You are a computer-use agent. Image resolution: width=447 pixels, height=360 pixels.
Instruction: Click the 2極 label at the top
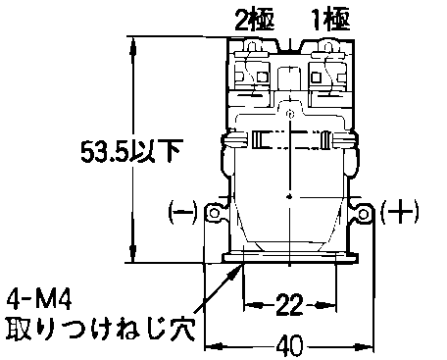click(x=255, y=20)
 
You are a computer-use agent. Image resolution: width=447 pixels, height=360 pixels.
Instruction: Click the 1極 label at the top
click(x=330, y=20)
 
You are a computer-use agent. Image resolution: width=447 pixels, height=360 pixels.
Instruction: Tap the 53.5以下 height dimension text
click(x=130, y=151)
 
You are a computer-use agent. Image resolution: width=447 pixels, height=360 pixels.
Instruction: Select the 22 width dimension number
click(x=289, y=305)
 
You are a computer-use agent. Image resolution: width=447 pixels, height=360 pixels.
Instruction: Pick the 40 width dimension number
click(x=290, y=345)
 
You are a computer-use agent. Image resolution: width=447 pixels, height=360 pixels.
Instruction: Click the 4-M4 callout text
click(x=38, y=300)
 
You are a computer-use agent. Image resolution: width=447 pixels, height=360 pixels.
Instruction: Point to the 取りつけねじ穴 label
click(x=101, y=328)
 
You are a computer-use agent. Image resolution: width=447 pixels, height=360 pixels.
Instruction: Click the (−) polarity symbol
click(x=183, y=212)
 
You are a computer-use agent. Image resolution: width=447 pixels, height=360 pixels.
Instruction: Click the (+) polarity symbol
click(x=400, y=212)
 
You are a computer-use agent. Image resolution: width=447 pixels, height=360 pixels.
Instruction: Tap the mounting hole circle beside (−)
click(x=214, y=214)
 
